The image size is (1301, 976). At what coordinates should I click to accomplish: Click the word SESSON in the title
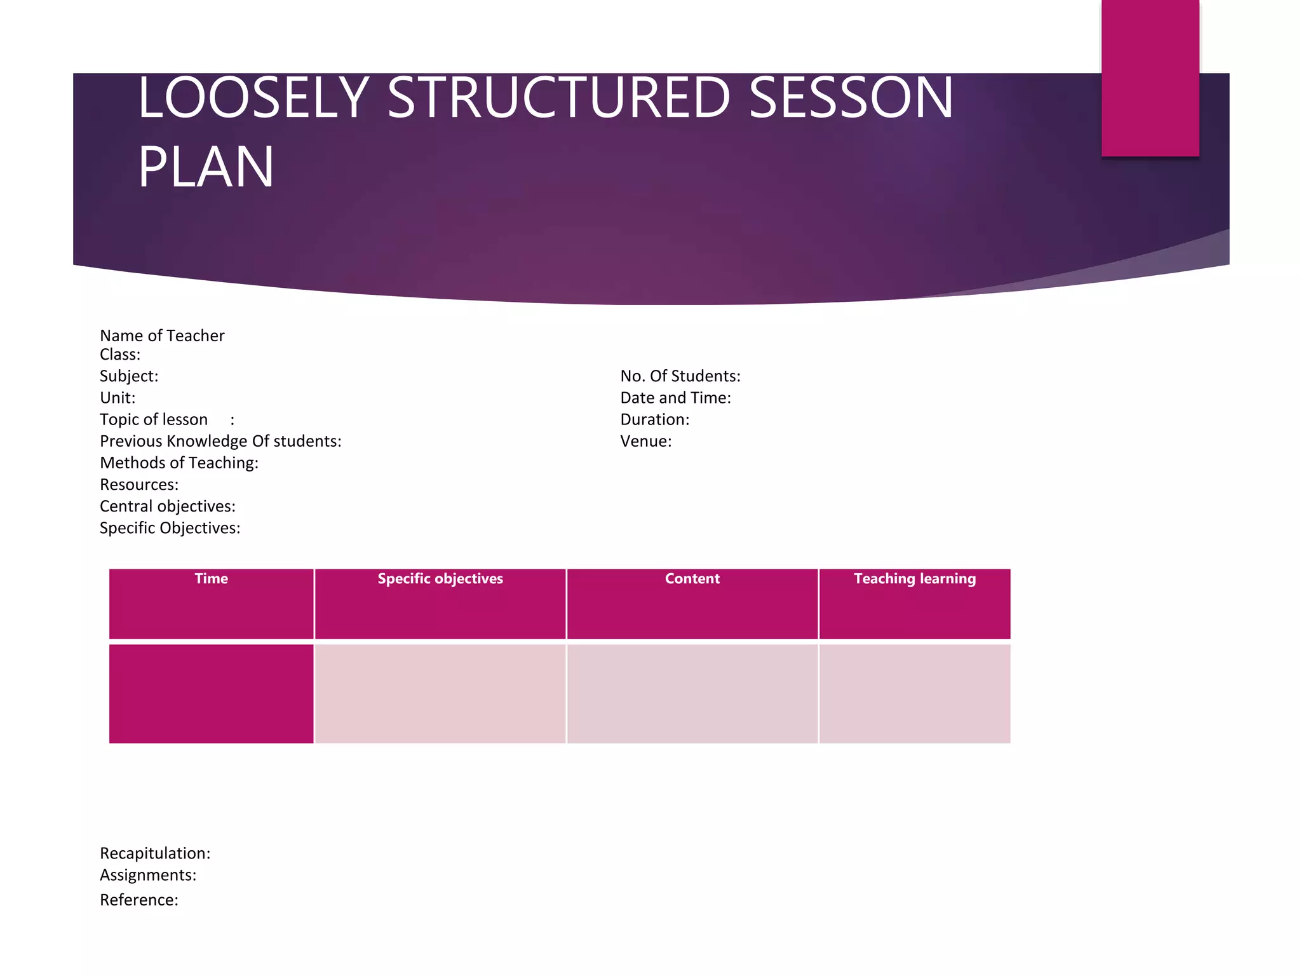851,98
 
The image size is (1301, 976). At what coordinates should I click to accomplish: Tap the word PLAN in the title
206,166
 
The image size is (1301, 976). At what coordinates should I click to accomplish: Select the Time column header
211,579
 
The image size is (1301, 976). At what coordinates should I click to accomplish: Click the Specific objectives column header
440,579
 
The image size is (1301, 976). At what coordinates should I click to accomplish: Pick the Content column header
692,579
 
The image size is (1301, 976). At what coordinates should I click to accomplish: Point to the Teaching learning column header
914,579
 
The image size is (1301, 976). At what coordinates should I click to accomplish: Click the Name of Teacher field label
162,335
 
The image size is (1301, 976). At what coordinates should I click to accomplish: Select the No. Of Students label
680,376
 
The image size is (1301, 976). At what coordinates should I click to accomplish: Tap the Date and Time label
675,398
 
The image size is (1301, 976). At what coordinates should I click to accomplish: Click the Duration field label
654,419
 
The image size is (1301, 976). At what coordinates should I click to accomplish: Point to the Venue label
645,441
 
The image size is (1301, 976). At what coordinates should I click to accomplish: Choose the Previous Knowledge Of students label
220,441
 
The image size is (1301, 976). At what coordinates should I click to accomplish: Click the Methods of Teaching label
179,463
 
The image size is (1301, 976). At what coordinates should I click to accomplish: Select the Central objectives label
168,506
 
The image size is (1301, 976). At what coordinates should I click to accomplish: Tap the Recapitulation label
155,853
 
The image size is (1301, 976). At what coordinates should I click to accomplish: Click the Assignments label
148,875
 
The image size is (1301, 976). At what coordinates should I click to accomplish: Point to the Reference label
139,900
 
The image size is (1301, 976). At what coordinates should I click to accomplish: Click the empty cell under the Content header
692,693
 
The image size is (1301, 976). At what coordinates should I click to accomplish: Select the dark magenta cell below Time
211,693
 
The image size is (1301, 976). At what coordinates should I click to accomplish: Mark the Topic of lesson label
154,419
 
